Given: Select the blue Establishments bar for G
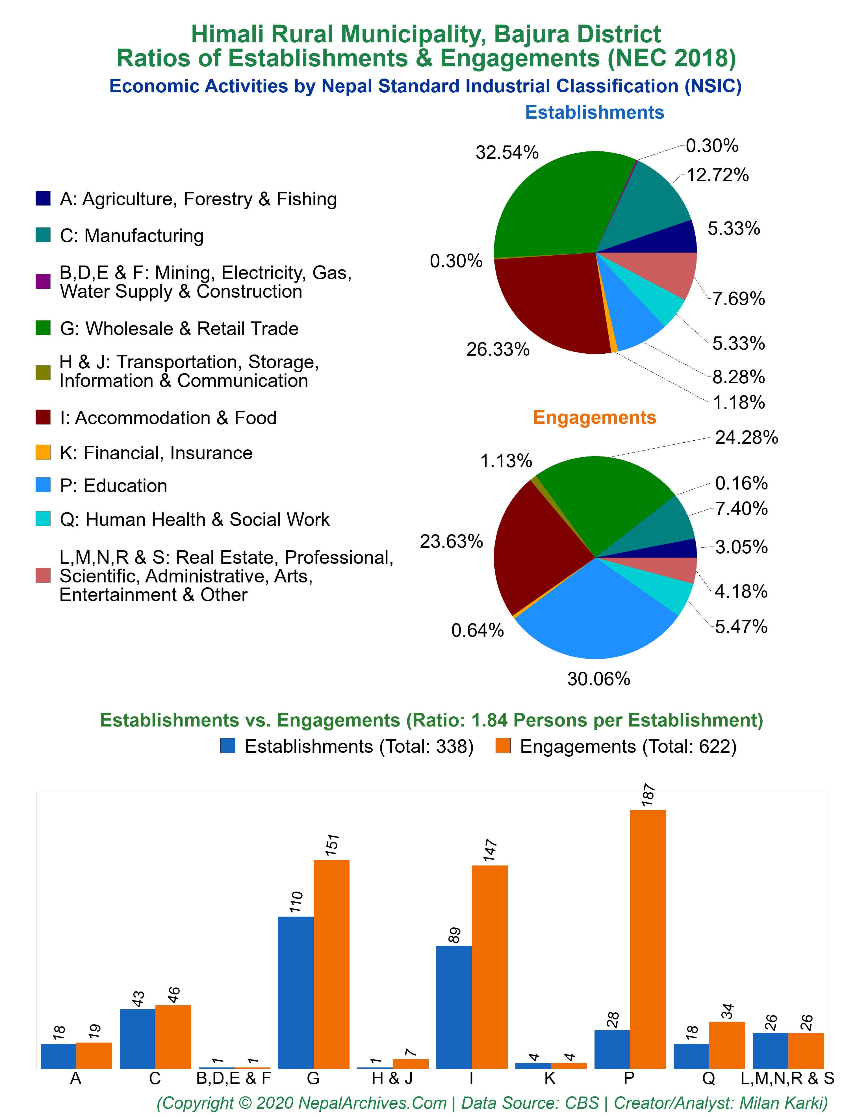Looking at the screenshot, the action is (x=296, y=993).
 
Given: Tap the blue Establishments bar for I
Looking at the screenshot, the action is (x=454, y=1007).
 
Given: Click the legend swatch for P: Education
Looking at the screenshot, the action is (x=43, y=485).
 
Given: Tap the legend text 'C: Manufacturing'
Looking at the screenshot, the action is (x=132, y=236).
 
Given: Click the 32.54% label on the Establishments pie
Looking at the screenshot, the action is (x=507, y=153).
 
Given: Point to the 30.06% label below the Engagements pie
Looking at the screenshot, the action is (x=599, y=679).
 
